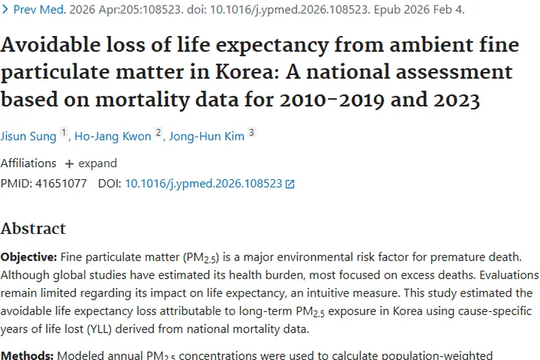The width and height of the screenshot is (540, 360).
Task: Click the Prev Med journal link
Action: tap(39, 10)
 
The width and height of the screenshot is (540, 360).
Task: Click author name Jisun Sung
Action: tap(27, 136)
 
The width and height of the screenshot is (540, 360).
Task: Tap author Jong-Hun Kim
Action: tap(207, 136)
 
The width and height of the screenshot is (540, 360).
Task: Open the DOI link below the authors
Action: tap(203, 184)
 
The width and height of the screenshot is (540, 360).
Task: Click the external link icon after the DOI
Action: tap(290, 184)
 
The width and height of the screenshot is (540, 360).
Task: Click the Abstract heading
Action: tap(33, 229)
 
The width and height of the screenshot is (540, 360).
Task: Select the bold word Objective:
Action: tap(29, 256)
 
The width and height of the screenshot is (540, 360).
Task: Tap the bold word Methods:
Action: tap(27, 355)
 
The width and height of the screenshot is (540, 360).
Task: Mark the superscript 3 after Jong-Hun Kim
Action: tap(251, 133)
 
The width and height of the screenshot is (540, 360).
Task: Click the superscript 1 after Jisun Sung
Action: tap(63, 133)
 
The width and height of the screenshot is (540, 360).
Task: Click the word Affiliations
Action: tap(29, 163)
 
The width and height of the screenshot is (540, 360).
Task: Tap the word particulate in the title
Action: tap(60, 72)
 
